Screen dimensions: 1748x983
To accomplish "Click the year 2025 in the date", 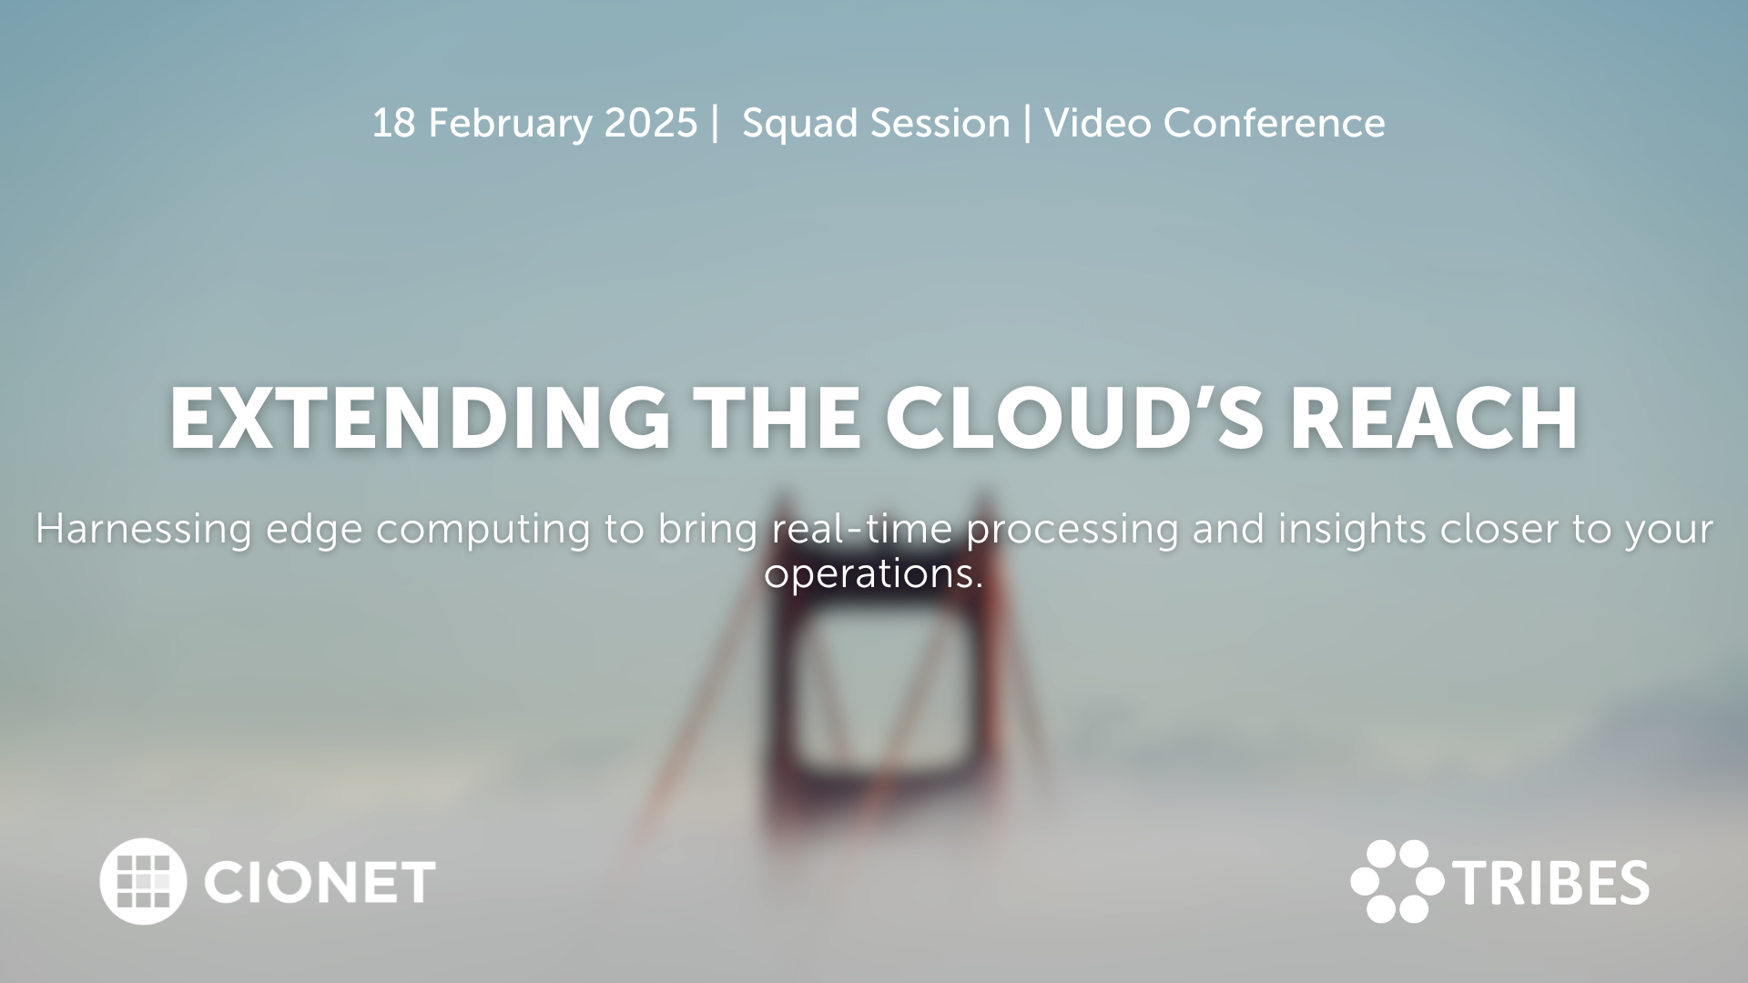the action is [651, 124].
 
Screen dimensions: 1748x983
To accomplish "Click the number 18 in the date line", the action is [393, 124].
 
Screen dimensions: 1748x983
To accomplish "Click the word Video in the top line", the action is [1098, 124].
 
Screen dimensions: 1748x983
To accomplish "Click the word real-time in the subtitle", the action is [861, 529].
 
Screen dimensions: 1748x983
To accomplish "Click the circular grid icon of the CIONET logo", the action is [143, 881].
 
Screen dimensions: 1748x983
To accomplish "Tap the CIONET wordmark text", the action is [320, 882].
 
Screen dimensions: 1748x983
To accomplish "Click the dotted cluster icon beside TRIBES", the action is [1397, 881].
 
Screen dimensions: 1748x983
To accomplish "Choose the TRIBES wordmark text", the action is [1551, 883].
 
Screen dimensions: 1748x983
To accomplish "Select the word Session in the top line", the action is [940, 124].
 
